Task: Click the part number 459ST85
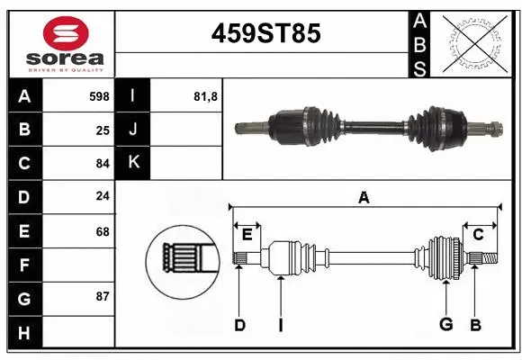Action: pyautogui.click(x=265, y=34)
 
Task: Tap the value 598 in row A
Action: pyautogui.click(x=98, y=95)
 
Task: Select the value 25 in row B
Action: pyautogui.click(x=103, y=130)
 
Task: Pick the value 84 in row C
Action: pyautogui.click(x=103, y=164)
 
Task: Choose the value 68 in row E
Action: pyautogui.click(x=103, y=231)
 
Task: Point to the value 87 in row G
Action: pyautogui.click(x=103, y=296)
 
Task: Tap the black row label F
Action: pyautogui.click(x=24, y=265)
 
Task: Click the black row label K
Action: pyautogui.click(x=134, y=163)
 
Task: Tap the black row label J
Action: pyautogui.click(x=134, y=130)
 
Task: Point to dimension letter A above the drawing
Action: pyautogui.click(x=364, y=197)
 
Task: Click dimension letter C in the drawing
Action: pyautogui.click(x=479, y=234)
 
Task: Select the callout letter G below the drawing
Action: pyautogui.click(x=445, y=325)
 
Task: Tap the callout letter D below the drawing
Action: pyautogui.click(x=239, y=325)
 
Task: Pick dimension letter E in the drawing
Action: pyautogui.click(x=247, y=234)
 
